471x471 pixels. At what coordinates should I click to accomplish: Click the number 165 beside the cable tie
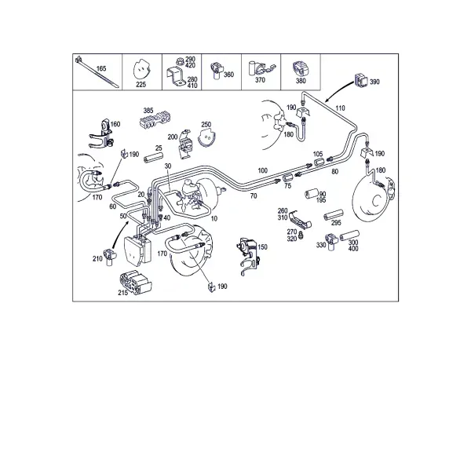pos(101,68)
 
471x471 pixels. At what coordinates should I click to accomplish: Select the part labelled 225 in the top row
pos(141,71)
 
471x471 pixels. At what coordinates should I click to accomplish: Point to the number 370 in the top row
pos(260,80)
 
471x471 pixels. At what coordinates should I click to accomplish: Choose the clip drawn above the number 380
pos(301,68)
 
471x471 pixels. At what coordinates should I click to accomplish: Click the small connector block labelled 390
pos(361,80)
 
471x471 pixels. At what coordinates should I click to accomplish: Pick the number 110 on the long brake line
pos(340,108)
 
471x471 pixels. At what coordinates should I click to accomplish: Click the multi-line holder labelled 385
pos(155,120)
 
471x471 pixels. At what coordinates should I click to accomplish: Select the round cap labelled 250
pos(207,138)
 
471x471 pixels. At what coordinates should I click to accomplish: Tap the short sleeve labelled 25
pos(154,158)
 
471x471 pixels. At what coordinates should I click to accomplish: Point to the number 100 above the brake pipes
pos(262,170)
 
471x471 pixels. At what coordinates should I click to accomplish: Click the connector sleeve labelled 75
pos(288,178)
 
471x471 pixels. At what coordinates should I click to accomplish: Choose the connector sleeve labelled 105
pos(319,162)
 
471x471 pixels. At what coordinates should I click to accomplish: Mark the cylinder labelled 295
pos(334,215)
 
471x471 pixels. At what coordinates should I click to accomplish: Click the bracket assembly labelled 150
pos(248,256)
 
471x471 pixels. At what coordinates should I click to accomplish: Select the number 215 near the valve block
pos(123,293)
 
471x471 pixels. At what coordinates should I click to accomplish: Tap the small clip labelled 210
pos(109,257)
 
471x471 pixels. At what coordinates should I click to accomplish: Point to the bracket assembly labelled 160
pos(101,134)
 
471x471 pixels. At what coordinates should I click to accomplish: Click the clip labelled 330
pos(332,242)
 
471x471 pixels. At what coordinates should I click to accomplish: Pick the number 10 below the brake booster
pos(214,219)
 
